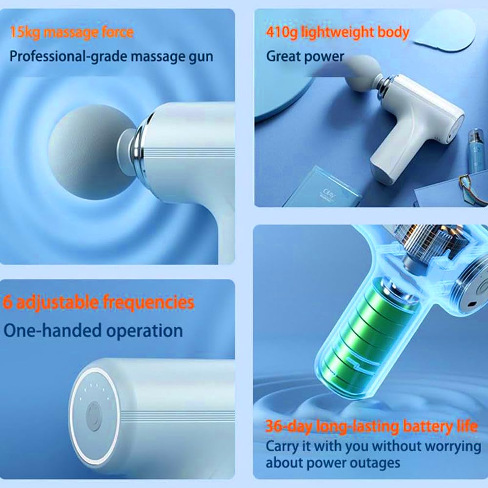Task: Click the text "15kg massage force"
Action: pos(71,33)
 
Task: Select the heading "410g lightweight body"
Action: pos(337,33)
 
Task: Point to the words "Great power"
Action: pos(305,56)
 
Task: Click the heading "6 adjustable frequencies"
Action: pos(99,302)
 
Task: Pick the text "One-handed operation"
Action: pos(93,330)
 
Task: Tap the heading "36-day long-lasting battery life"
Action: pos(371,426)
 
